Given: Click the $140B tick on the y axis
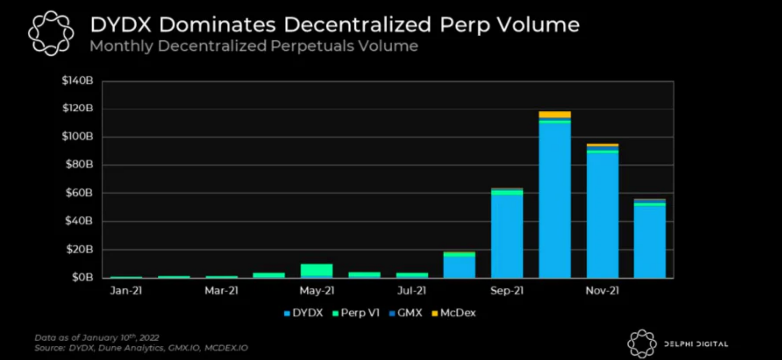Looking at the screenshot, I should pyautogui.click(x=77, y=81).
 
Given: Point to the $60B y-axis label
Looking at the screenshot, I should pyautogui.click(x=79, y=193).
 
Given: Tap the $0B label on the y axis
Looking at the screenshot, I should pyautogui.click(x=82, y=278).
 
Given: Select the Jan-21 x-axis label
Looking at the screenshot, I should pyautogui.click(x=126, y=291).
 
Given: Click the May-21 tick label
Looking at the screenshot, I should pyautogui.click(x=317, y=291).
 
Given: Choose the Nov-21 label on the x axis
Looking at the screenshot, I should pyautogui.click(x=602, y=291).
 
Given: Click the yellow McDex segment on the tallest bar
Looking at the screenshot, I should pyautogui.click(x=555, y=114).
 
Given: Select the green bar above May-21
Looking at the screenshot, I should pyautogui.click(x=317, y=270).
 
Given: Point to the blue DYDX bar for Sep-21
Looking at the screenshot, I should pyautogui.click(x=507, y=236).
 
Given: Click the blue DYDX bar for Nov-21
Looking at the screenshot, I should pyautogui.click(x=602, y=215).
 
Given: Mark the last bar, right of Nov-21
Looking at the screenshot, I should pyautogui.click(x=650, y=241).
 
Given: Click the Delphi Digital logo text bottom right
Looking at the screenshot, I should pyautogui.click(x=696, y=344).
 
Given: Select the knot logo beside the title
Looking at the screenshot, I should pyautogui.click(x=51, y=34).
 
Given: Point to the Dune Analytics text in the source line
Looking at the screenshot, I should pyautogui.click(x=131, y=348).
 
